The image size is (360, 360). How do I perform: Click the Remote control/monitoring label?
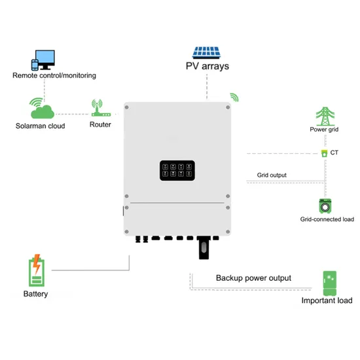[x=54, y=75]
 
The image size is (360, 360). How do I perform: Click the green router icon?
[x=98, y=107]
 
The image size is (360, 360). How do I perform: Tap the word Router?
[x=100, y=124]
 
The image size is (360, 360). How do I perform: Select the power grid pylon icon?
[x=323, y=117]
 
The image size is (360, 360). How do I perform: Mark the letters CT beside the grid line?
[x=334, y=153]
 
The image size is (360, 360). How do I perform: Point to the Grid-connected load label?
[x=325, y=219]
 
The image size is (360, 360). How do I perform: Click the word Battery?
[x=35, y=294]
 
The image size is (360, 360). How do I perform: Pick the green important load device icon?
[x=331, y=283]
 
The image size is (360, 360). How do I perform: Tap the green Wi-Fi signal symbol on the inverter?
[x=234, y=98]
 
